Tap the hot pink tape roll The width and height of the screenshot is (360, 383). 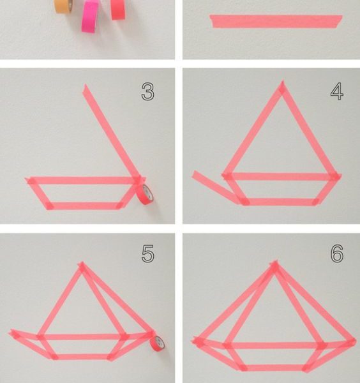point(90,16)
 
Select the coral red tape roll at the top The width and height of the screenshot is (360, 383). point(118,10)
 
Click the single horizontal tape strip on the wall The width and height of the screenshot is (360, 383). point(276,21)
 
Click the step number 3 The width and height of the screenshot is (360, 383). point(147,91)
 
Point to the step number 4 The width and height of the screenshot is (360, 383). point(337,91)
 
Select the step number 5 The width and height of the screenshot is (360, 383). point(147,254)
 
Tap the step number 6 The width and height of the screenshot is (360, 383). point(337,254)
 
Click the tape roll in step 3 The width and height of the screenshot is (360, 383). point(145,194)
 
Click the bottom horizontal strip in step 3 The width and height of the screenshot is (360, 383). point(84,206)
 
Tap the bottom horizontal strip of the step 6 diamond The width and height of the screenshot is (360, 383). point(274,368)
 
